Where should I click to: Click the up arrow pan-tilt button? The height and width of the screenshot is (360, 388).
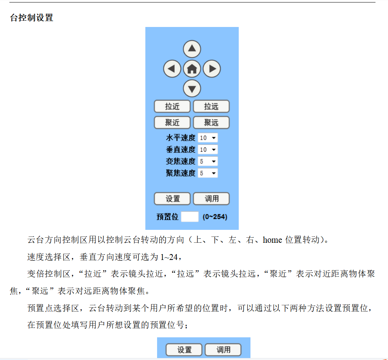[192, 49]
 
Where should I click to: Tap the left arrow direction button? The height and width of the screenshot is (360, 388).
[172, 68]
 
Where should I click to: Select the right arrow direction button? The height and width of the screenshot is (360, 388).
[211, 68]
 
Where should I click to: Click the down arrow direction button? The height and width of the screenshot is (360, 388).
[192, 88]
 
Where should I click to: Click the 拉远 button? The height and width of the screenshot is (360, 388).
[211, 106]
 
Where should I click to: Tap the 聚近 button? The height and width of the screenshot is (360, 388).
[172, 122]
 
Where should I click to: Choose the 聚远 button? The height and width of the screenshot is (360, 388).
[211, 122]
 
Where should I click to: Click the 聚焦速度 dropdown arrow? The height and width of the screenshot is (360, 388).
[214, 173]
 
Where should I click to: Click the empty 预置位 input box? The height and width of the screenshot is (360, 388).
[190, 217]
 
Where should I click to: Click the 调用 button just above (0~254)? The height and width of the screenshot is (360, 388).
[211, 199]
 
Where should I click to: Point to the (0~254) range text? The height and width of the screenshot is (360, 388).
[215, 217]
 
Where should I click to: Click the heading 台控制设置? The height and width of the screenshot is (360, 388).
[31, 18]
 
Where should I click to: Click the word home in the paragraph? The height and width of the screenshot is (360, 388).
[272, 240]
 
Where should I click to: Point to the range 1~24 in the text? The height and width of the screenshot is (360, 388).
[169, 257]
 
